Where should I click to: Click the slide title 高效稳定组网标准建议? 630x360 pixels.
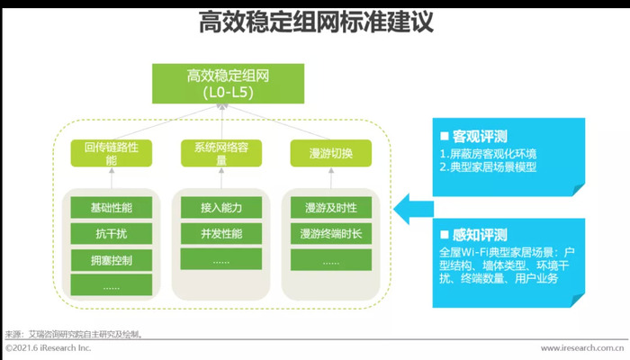tap(316, 22)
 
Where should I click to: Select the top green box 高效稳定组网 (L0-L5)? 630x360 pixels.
tap(228, 84)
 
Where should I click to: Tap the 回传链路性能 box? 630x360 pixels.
tap(112, 153)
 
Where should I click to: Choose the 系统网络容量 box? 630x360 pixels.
tap(221, 153)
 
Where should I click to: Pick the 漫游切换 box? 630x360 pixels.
tap(331, 153)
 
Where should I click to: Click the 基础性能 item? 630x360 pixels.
tap(112, 207)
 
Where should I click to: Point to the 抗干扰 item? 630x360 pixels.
tap(112, 233)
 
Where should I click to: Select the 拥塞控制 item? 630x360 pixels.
tap(112, 260)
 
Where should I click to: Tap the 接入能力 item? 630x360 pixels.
tap(221, 207)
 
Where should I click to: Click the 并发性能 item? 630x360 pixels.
tap(221, 233)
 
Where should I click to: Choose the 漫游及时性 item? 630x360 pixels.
tap(331, 207)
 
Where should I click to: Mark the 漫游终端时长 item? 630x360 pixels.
tap(331, 233)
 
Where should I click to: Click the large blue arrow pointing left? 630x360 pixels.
tap(413, 209)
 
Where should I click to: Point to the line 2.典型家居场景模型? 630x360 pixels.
tap(488, 167)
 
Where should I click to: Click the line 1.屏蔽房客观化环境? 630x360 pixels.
tap(488, 154)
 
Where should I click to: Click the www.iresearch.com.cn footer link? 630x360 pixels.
tap(582, 348)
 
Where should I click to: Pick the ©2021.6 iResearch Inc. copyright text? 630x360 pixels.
tap(49, 348)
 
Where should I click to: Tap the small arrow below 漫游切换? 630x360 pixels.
tap(331, 178)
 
